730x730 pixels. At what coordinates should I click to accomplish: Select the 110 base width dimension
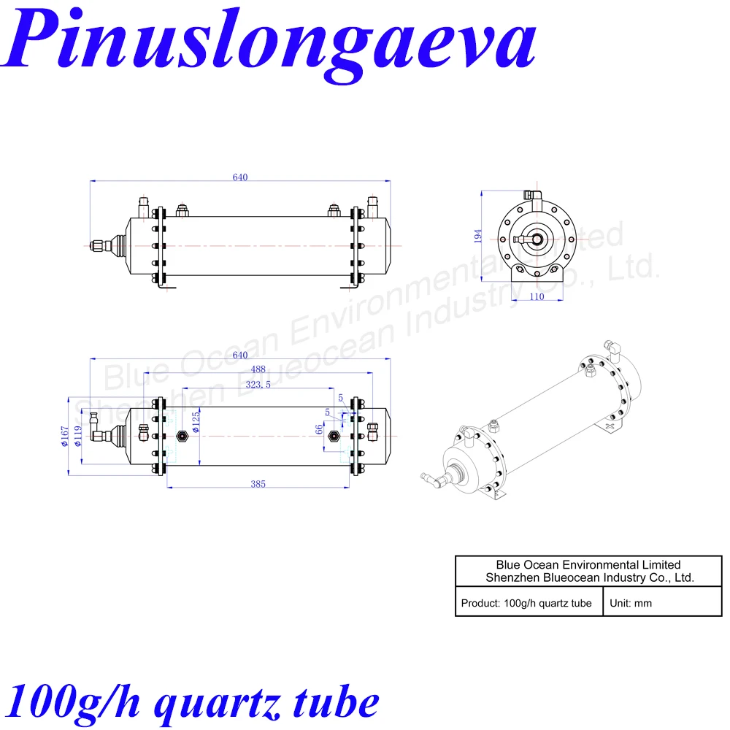click(x=537, y=297)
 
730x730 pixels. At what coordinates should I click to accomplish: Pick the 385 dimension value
click(x=258, y=483)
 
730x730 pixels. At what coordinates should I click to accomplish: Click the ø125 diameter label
click(x=196, y=422)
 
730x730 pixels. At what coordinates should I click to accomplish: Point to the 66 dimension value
click(x=318, y=430)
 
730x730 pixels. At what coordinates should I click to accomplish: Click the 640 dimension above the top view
click(x=240, y=177)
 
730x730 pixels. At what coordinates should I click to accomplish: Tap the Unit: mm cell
click(x=633, y=604)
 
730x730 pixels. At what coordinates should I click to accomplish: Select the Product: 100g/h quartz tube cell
click(x=526, y=604)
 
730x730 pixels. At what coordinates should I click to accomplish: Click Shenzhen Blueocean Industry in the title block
click(x=589, y=577)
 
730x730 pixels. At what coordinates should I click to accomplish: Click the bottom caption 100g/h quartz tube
click(x=193, y=702)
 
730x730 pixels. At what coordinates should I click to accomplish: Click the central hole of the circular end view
click(x=537, y=238)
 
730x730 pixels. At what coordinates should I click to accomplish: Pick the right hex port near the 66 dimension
click(x=334, y=437)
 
